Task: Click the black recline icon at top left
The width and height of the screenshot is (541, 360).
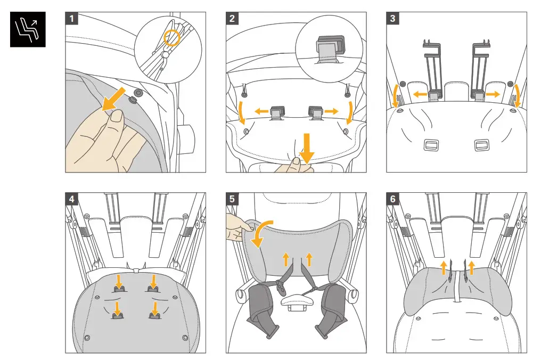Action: [x=28, y=29]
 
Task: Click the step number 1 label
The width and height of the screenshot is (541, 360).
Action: [x=72, y=18]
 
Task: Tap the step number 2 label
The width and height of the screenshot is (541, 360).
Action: [x=232, y=18]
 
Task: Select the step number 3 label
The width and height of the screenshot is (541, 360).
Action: [x=392, y=18]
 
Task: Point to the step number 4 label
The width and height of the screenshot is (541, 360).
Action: [x=72, y=199]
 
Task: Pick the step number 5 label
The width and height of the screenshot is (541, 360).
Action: [x=232, y=199]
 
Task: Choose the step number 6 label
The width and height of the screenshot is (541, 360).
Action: [x=392, y=199]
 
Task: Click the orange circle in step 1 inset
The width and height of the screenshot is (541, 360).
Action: [x=171, y=38]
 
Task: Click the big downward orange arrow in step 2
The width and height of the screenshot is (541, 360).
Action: [x=306, y=148]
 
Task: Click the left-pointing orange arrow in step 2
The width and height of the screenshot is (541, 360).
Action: [x=261, y=111]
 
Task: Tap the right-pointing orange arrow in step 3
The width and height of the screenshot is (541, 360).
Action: [x=493, y=94]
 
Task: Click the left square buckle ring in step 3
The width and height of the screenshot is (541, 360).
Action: [x=431, y=145]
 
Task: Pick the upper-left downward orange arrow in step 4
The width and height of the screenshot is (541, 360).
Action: [x=119, y=282]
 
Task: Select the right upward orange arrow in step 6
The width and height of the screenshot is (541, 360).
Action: [x=471, y=267]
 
